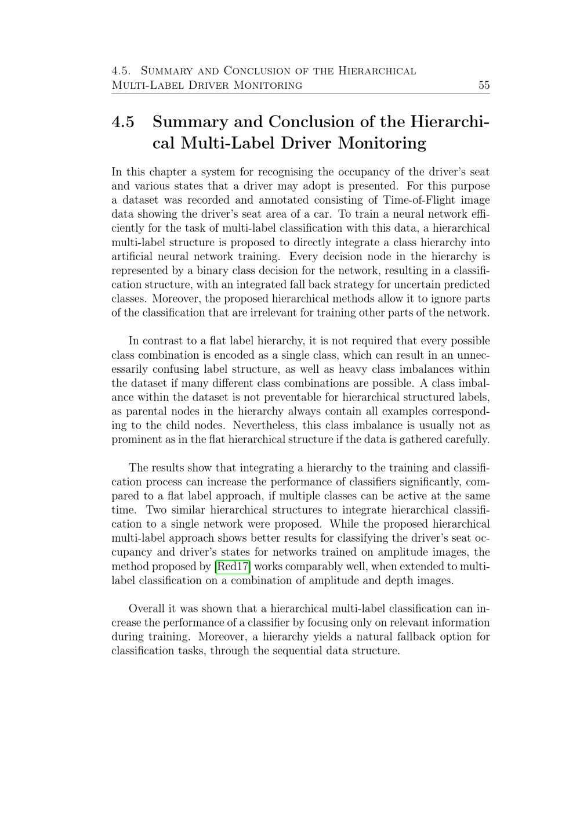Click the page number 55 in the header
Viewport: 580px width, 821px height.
coord(484,85)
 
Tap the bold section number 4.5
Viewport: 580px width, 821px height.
coord(123,123)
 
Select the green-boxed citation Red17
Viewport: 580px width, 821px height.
coord(233,567)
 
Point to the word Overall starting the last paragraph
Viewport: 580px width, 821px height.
coord(147,609)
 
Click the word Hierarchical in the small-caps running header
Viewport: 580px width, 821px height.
coord(377,71)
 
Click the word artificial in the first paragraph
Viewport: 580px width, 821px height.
coord(132,257)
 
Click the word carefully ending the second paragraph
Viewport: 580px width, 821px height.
coord(467,440)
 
